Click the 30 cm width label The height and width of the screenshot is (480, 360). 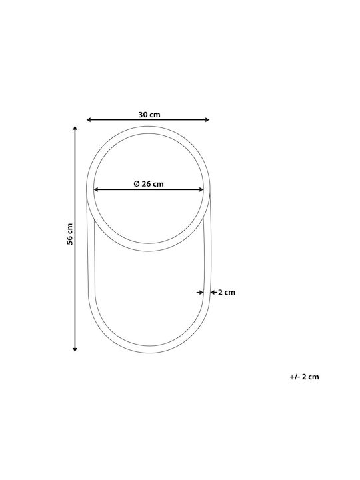point(149,115)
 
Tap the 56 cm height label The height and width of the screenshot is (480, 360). point(70,234)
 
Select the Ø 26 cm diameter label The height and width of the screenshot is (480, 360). point(149,184)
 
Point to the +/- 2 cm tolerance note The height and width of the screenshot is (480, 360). point(304,377)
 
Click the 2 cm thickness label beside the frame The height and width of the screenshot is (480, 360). point(227,293)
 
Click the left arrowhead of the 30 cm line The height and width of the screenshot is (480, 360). point(89,120)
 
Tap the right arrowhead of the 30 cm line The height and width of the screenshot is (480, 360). point(207,120)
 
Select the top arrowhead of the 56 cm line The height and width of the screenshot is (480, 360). point(75,128)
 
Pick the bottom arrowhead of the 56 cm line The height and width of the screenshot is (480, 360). point(75,349)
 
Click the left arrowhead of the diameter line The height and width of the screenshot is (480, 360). point(96,189)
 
